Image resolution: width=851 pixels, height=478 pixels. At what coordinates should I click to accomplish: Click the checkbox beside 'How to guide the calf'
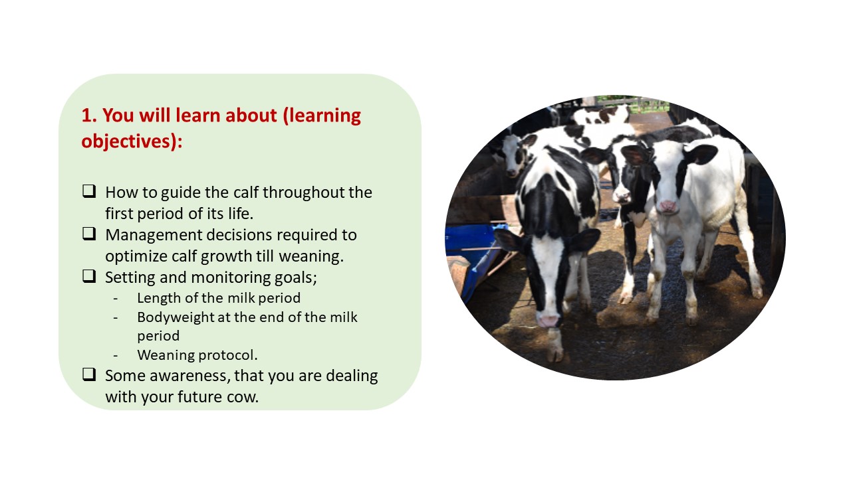[x=89, y=191]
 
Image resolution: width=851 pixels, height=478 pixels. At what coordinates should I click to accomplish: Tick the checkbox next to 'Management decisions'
[x=89, y=234]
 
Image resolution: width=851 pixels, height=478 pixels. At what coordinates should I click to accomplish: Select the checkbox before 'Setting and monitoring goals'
[x=89, y=276]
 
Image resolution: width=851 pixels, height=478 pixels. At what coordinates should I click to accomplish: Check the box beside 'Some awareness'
[x=89, y=374]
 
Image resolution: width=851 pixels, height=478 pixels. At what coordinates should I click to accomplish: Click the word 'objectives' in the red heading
[x=128, y=141]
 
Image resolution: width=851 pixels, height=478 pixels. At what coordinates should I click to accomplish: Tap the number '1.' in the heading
[x=89, y=116]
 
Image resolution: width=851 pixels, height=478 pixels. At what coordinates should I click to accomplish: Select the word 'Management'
[x=154, y=235]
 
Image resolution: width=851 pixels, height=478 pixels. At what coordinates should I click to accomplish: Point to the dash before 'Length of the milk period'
[x=116, y=299]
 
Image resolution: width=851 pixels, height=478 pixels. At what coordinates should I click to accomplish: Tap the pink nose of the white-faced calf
[x=668, y=206]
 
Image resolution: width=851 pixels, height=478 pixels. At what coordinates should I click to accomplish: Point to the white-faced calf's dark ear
[x=701, y=153]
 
